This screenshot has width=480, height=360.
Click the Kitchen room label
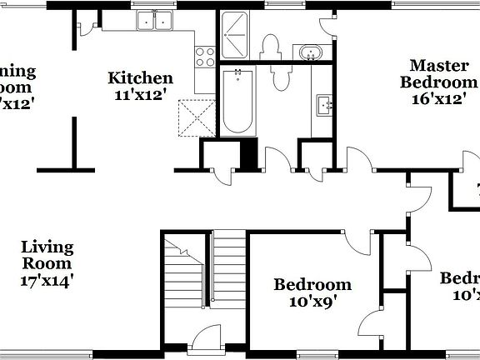(x=141, y=78)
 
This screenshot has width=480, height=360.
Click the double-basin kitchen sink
(x=154, y=21)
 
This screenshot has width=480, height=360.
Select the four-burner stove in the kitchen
(x=204, y=56)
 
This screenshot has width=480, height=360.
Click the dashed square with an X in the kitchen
(x=196, y=117)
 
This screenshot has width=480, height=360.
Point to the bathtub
(x=239, y=102)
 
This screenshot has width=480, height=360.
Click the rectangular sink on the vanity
(x=324, y=105)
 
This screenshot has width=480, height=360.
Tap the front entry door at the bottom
(x=202, y=342)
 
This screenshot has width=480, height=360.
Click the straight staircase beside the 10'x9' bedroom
(x=228, y=271)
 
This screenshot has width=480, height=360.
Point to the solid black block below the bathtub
(x=247, y=152)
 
